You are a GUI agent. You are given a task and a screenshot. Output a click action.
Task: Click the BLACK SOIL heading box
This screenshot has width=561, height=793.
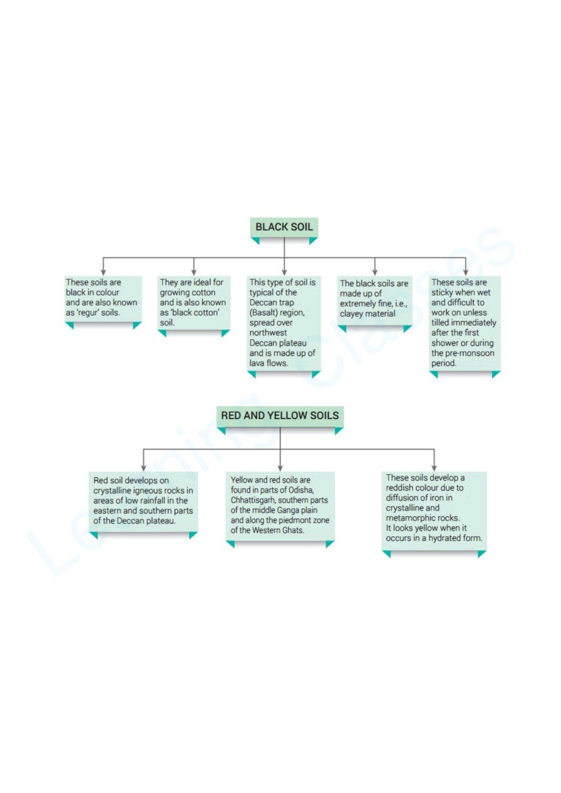pos(284,227)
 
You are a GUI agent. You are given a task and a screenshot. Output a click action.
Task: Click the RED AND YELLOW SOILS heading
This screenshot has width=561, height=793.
pos(280,415)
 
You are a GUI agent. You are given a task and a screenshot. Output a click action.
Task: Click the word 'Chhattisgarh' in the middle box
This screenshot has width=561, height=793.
pos(254,500)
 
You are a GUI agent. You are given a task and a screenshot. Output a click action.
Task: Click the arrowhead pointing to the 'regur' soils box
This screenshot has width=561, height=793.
pos(103,272)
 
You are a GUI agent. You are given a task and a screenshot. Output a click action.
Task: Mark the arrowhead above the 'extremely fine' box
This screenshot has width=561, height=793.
pos(375,272)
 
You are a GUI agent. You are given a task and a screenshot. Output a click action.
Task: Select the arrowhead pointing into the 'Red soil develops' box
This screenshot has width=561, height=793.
pos(143,468)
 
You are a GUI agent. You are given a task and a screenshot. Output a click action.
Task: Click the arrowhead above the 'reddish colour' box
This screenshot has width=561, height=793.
pos(434,468)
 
